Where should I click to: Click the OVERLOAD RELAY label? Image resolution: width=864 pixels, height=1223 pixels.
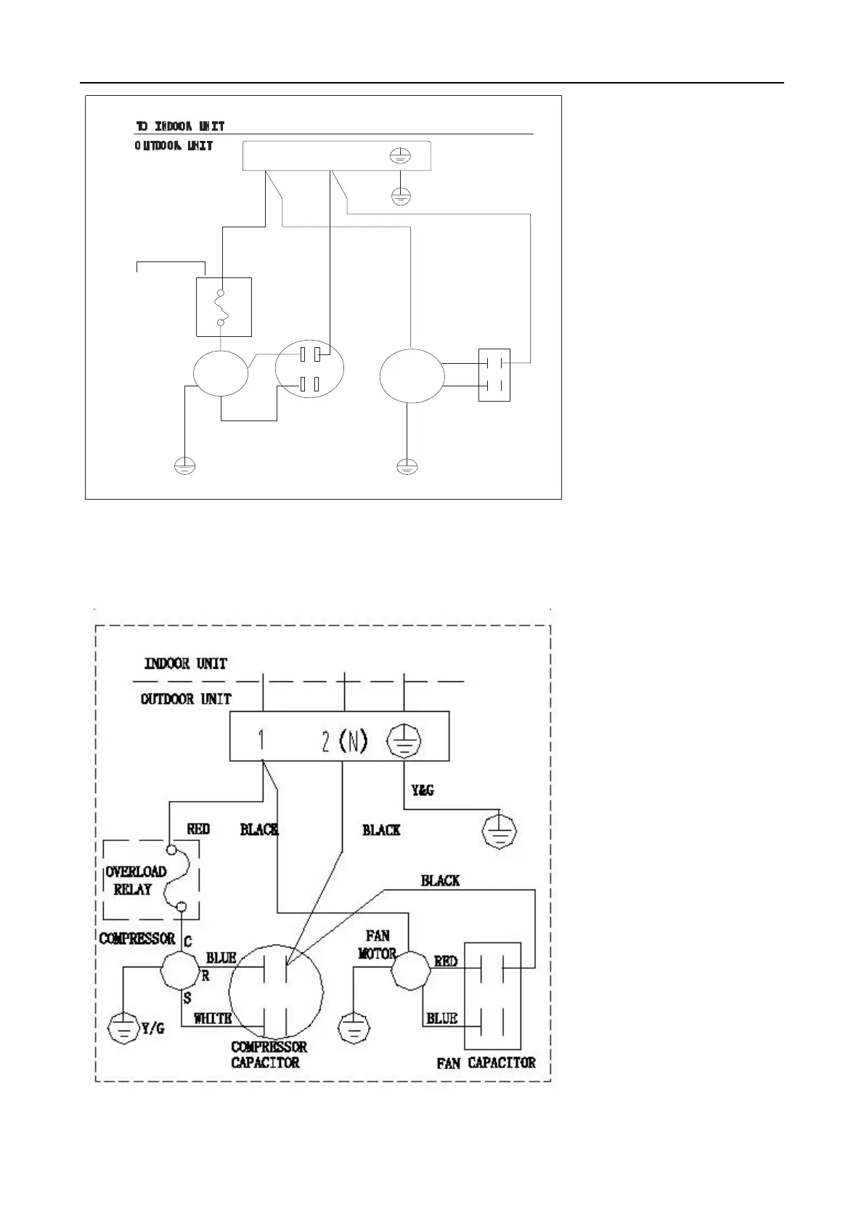coord(136,880)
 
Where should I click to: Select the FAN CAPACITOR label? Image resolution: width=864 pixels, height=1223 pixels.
coord(486,1063)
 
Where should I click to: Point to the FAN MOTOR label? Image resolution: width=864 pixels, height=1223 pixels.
coord(378,945)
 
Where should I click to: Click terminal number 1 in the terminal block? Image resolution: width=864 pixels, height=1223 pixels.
coord(261,741)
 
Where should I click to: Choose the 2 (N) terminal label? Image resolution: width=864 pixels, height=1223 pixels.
coord(345,741)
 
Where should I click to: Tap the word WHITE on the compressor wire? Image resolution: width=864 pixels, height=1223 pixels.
coord(213,1019)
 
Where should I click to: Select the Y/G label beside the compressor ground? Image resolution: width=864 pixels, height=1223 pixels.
coord(152,1028)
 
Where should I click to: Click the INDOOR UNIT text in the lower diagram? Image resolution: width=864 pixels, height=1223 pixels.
coord(186,663)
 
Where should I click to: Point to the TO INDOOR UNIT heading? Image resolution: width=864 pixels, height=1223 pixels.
coord(180,126)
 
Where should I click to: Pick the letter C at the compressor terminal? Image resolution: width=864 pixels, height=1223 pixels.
coord(187,942)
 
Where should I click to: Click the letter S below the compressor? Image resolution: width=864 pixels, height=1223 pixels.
coord(187,999)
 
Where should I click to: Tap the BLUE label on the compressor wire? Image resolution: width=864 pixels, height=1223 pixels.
coord(221,958)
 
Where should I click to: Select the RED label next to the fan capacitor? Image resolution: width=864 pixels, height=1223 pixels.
coord(446,961)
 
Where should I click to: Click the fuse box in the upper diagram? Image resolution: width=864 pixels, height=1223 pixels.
coord(224,307)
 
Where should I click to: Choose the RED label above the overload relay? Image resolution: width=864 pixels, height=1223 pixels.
coord(198,829)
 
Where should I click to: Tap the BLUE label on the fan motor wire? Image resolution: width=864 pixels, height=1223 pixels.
coord(441,1018)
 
